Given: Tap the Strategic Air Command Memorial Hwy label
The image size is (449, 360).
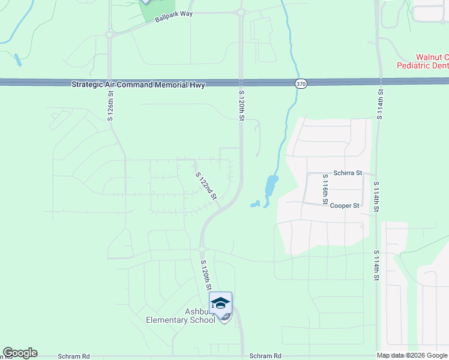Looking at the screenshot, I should tap(138, 85).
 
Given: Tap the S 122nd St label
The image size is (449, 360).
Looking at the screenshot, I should tap(206, 186).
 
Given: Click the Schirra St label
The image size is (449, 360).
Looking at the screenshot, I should tap(349, 173).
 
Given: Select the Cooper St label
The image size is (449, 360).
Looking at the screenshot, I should tap(345, 205).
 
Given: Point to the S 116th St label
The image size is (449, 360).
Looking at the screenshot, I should tap(325, 188).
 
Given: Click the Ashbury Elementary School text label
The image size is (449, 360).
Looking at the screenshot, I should tap(181, 316).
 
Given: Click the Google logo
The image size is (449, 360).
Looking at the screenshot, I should tap(20, 353).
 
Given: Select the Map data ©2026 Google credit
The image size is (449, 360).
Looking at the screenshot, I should tap(412, 355).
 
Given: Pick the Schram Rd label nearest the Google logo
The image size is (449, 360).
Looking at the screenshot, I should tap(74, 356).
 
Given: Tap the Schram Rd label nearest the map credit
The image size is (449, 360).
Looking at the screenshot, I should tap(265, 356).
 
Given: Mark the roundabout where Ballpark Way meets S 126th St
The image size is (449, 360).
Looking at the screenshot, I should tap(110, 35).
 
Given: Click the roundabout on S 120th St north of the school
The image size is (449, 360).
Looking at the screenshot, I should tap(202, 249).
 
